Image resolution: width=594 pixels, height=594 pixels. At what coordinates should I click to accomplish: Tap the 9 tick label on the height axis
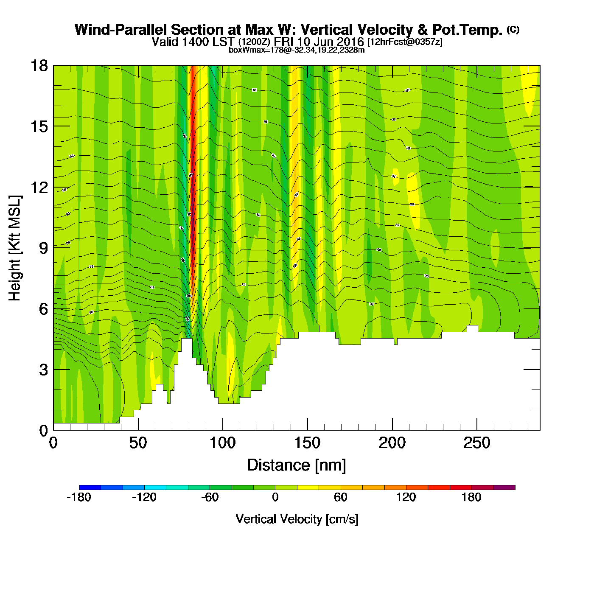tap(44, 248)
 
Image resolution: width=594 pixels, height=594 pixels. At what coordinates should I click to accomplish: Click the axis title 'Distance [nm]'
tap(297, 465)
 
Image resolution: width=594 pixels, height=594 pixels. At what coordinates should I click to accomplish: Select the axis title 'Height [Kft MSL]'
tap(15, 248)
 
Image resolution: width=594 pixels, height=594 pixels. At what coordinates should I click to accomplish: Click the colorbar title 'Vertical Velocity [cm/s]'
tap(297, 519)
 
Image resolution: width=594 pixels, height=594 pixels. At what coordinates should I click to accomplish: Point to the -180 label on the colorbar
tap(79, 497)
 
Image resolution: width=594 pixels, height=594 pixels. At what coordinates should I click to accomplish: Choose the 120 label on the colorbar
tap(406, 497)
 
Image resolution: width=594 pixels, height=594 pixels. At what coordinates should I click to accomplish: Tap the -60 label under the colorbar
tap(210, 497)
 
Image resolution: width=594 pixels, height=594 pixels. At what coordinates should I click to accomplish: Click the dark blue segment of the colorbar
tap(90, 488)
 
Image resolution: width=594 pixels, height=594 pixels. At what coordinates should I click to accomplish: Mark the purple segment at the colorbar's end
tap(504, 488)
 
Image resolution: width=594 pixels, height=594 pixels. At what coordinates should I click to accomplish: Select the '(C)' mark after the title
tap(513, 29)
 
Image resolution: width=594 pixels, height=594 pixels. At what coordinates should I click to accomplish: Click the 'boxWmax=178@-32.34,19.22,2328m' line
tap(297, 50)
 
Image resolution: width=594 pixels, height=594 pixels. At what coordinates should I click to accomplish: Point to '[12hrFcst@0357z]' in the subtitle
tap(405, 42)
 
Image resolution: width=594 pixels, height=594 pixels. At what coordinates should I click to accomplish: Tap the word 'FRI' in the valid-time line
tap(284, 42)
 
